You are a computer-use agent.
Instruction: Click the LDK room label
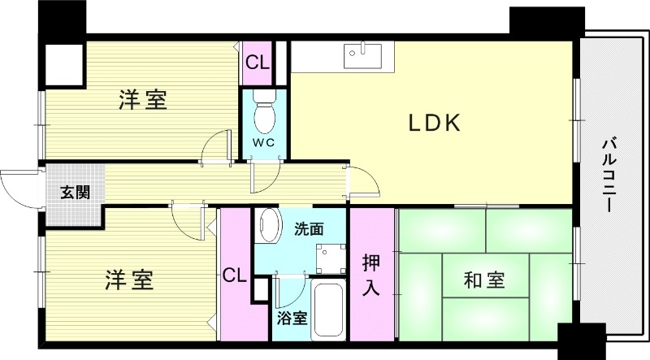(435, 124)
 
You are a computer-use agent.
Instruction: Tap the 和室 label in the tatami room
(484, 281)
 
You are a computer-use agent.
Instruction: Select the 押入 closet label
(371, 275)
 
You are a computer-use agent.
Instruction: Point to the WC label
(264, 143)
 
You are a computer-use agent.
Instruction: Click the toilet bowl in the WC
(265, 115)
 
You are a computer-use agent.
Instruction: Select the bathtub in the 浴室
(329, 313)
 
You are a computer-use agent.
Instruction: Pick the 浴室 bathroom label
(292, 318)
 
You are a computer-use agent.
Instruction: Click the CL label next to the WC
(258, 62)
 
